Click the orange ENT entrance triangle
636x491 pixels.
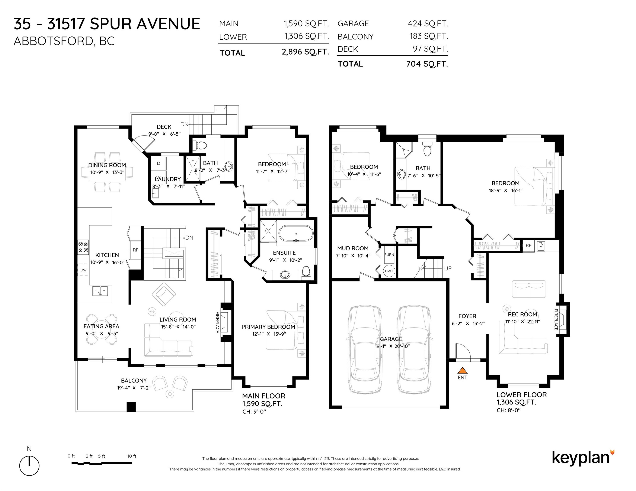click(463, 370)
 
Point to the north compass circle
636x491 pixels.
click(29, 466)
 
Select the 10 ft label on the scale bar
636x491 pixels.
click(132, 456)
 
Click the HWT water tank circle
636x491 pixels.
click(389, 271)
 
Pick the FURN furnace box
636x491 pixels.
click(389, 254)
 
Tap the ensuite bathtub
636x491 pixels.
click(296, 234)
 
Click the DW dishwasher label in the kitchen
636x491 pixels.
click(84, 270)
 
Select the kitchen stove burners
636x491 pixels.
click(83, 247)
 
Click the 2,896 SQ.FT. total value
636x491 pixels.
click(305, 52)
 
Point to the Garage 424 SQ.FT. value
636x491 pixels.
click(428, 24)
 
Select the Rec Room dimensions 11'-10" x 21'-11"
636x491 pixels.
click(522, 321)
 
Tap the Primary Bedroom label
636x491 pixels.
click(268, 327)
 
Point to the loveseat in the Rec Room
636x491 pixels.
click(529, 289)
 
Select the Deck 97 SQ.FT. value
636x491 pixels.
click(430, 49)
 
